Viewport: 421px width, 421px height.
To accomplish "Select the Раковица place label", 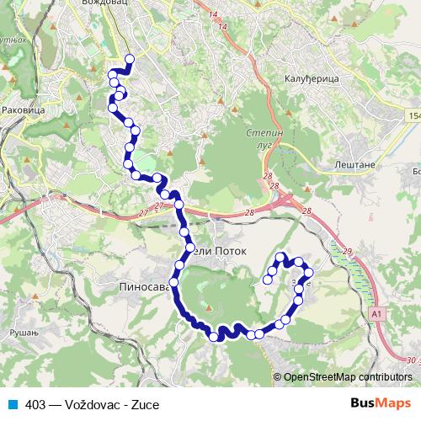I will click(x=24, y=109).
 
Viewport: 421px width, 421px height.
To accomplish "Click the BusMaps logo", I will click(x=381, y=403).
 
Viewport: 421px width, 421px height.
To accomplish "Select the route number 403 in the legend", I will click(x=35, y=404).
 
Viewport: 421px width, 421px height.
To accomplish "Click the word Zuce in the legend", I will click(x=145, y=404).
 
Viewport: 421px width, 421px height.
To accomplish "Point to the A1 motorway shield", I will click(x=377, y=313).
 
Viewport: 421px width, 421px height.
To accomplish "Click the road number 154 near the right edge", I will click(x=413, y=115).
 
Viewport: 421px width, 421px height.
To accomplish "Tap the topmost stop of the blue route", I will click(x=130, y=58).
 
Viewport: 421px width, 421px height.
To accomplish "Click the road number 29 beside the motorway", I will click(x=346, y=251).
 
